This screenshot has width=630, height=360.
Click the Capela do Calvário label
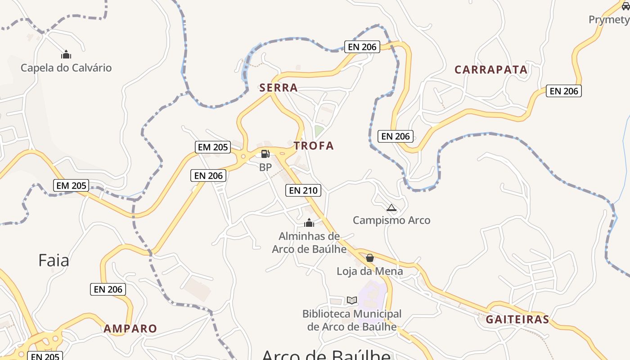66,68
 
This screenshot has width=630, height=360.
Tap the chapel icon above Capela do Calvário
66,55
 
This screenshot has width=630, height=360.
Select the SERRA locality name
279,88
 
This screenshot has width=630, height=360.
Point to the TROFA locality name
314,145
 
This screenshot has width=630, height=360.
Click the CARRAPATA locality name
491,70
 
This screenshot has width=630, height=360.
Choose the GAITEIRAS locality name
517,319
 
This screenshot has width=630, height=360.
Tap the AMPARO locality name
130,328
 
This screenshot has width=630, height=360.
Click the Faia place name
54,260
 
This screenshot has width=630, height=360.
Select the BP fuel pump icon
265,154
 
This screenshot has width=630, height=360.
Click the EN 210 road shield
303,190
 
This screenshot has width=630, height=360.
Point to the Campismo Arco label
391,220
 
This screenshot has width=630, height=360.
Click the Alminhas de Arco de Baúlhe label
309,243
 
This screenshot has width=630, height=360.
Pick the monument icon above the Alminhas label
309,223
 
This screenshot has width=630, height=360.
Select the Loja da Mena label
370,271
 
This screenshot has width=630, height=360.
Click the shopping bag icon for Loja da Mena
370,258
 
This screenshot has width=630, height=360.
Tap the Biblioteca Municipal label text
352,320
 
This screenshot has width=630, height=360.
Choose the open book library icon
352,300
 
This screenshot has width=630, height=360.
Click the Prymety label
609,20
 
